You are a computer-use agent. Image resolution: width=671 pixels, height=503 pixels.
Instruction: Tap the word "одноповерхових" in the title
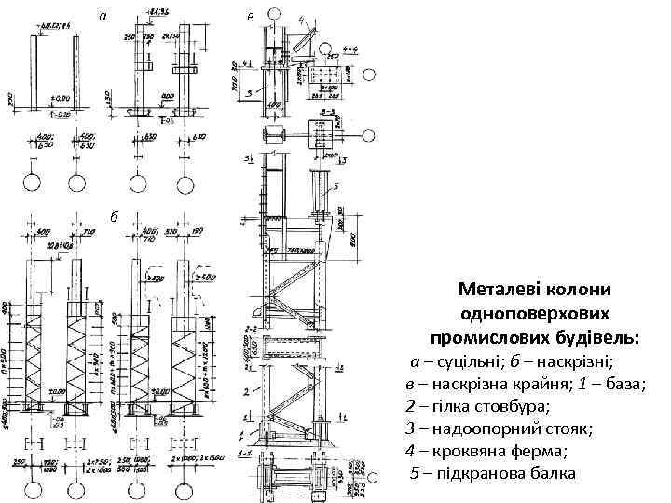[535, 312]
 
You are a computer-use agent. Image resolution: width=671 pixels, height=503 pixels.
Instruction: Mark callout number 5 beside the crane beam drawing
[336, 186]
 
